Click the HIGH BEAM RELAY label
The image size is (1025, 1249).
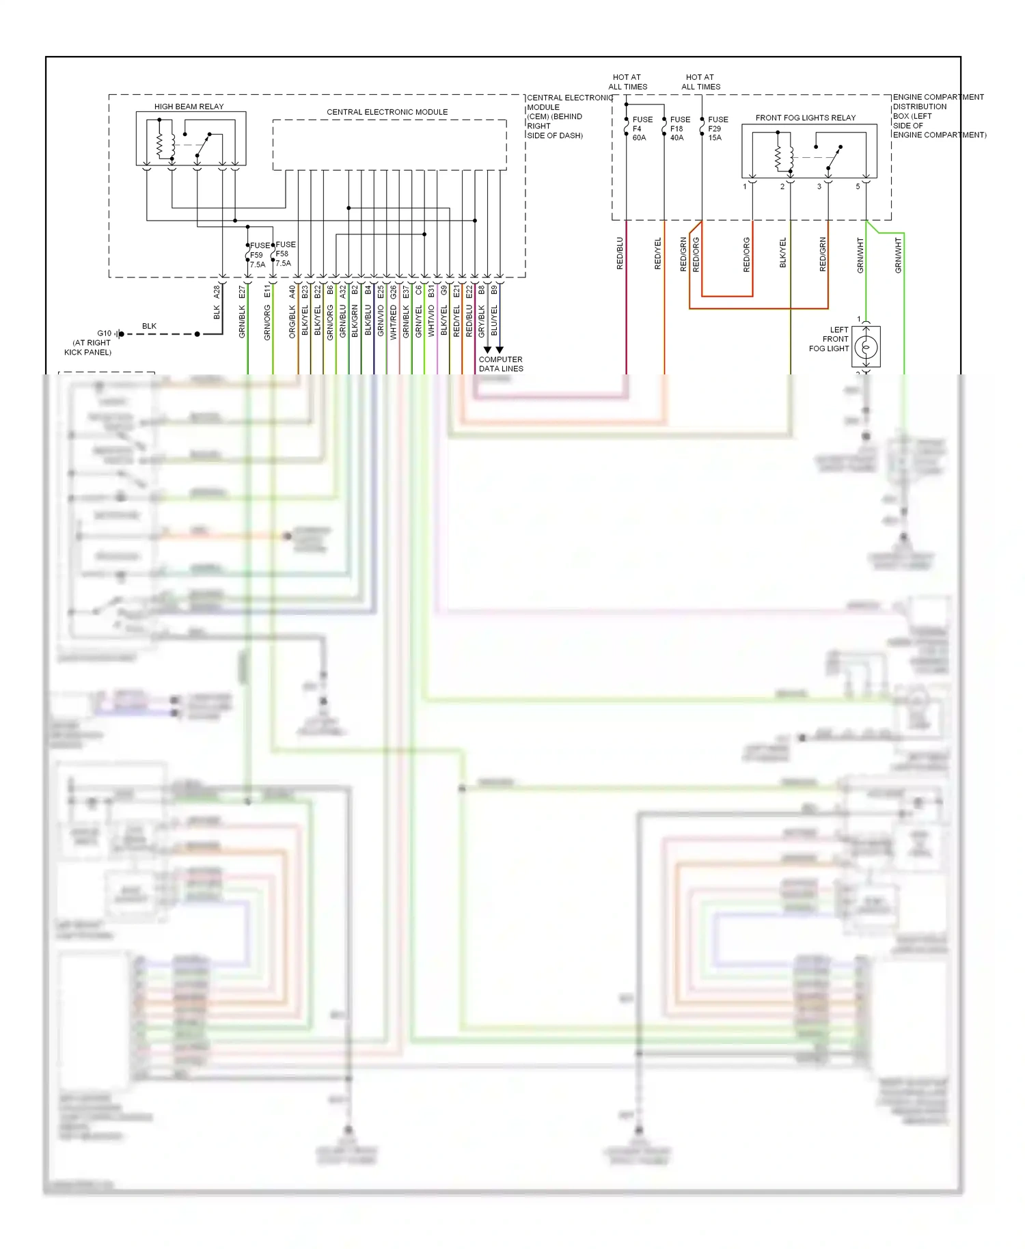[x=189, y=107]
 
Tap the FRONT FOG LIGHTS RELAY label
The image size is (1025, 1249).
[x=805, y=118]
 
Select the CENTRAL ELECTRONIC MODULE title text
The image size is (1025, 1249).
[x=387, y=112]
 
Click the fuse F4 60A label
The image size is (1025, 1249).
[x=640, y=128]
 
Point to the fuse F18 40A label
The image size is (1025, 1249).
[x=679, y=128]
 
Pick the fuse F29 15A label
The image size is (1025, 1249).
[x=717, y=128]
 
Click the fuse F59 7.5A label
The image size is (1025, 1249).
[x=258, y=255]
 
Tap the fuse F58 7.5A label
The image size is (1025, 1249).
[x=284, y=253]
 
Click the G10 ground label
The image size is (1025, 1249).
[x=104, y=333]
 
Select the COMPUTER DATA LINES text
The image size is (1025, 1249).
[x=501, y=363]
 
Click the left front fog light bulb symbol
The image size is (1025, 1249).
[x=866, y=347]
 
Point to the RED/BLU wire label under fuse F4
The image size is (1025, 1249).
[x=620, y=253]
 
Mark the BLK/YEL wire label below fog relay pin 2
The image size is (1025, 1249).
[x=783, y=253]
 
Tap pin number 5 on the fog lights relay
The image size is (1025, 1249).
[x=858, y=187]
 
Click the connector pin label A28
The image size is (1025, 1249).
[x=217, y=292]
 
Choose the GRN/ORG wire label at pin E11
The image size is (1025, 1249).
[x=267, y=322]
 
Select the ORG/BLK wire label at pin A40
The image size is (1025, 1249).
[x=292, y=322]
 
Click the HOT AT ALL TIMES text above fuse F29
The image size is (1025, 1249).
[x=700, y=82]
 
